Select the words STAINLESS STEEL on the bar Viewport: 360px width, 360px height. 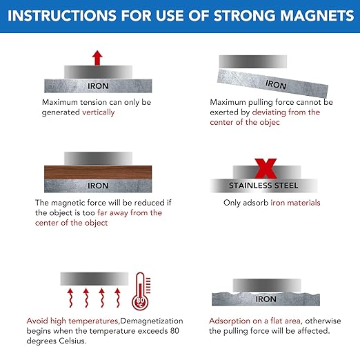263,186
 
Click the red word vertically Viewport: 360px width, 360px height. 99,112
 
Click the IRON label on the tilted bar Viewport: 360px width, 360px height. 275,85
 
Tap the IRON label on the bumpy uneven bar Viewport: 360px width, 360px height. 266,299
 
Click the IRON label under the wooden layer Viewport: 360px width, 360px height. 98,186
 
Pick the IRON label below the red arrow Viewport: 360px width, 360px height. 98,86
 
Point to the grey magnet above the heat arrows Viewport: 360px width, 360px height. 94,277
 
